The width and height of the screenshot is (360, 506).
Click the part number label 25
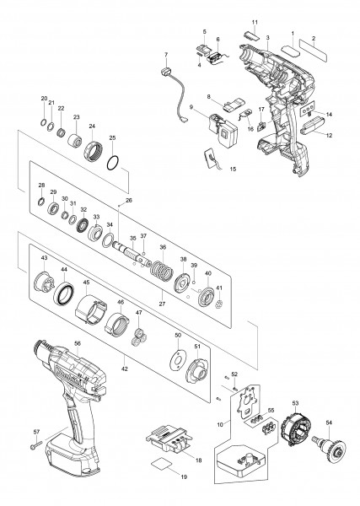112,137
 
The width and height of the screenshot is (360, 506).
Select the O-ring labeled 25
107,164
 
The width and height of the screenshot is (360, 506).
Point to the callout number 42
125,369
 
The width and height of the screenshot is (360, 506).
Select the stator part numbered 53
295,425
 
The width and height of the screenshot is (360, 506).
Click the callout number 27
162,304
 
